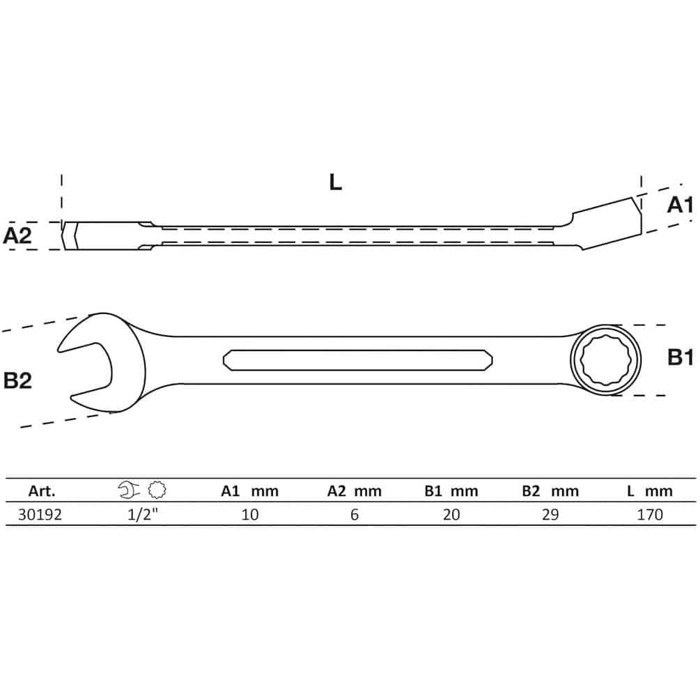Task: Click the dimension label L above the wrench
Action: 335,182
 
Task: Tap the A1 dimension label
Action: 680,205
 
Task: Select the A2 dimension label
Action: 17,235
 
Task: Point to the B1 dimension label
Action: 680,357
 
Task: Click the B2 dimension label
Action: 17,380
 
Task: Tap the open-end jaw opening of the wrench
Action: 85,370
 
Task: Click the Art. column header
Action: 42,491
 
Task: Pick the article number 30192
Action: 40,515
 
